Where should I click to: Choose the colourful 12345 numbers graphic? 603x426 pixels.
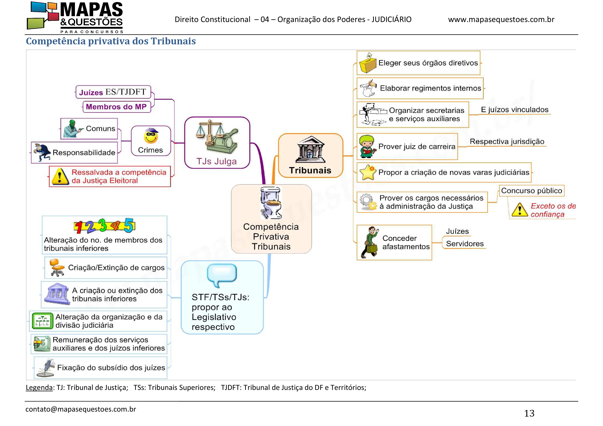click(x=105, y=226)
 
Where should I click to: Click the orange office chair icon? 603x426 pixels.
click(x=56, y=267)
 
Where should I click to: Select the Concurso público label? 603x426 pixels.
click(x=531, y=191)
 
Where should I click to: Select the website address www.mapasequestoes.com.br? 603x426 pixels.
click(x=501, y=19)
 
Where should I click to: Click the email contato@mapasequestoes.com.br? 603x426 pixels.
click(x=81, y=409)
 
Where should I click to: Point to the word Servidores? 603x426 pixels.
click(x=465, y=244)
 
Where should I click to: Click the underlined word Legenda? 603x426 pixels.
click(x=39, y=388)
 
